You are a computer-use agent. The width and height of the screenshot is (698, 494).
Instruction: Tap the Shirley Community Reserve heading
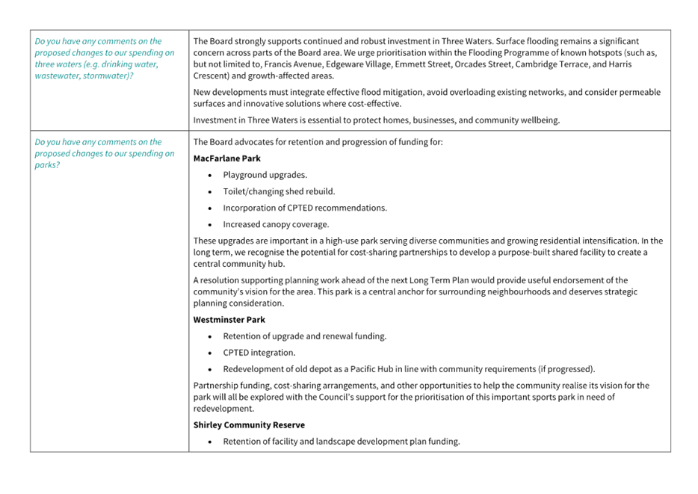(249, 425)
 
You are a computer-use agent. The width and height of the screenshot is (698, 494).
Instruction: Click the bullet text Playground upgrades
(265, 175)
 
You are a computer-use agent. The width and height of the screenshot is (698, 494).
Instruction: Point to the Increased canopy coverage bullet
(277, 224)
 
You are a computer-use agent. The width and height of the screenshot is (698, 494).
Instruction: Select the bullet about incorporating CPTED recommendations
(305, 208)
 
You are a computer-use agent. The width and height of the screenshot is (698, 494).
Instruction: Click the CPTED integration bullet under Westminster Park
(259, 353)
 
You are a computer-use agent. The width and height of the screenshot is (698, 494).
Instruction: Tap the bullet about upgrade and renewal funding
(304, 336)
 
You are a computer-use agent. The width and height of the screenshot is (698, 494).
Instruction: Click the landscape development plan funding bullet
(341, 442)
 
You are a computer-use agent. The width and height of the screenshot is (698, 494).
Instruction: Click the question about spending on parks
(105, 153)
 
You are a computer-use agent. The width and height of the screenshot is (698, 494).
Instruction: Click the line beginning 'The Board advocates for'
(318, 142)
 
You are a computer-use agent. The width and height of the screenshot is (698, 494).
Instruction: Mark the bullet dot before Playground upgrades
(210, 175)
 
